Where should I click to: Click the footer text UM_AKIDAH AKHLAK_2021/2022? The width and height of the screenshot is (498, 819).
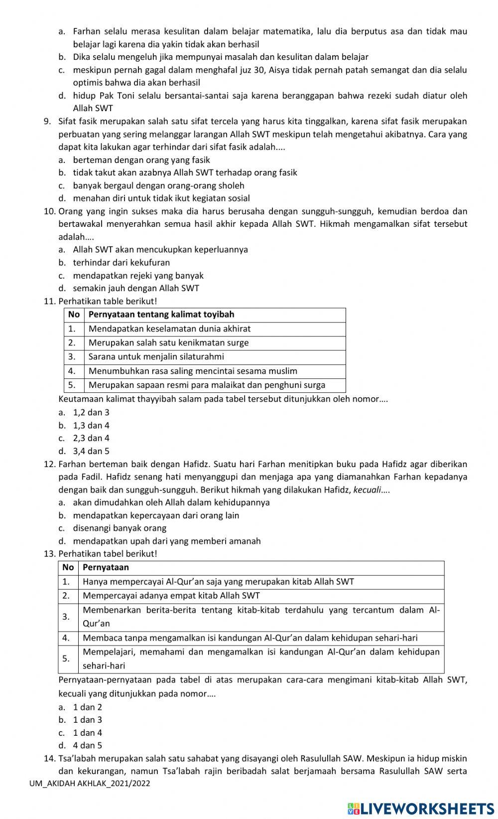coord(90,783)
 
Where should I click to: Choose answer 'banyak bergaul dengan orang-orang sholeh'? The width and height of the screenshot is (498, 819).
coord(158,185)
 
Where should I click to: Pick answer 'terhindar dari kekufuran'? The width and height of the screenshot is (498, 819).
coord(121,262)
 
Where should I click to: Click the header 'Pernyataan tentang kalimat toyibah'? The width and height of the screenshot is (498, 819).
coord(161,315)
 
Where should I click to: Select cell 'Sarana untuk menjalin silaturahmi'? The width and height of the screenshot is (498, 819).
coord(156,357)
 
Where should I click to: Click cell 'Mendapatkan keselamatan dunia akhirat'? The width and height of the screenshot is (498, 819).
coord(169,329)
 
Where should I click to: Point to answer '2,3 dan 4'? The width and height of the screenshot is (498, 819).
coord(91,438)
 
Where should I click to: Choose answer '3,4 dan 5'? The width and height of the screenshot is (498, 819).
coord(91,451)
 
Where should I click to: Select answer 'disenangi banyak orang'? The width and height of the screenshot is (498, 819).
coord(120,528)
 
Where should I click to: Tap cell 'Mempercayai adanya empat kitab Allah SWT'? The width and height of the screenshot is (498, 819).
coord(171,596)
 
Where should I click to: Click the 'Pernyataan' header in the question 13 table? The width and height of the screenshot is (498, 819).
coord(106,568)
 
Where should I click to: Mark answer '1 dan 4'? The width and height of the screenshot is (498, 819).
coord(87,733)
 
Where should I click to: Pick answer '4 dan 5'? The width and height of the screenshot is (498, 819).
coord(87,746)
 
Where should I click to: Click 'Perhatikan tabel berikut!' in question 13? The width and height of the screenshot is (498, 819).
coord(108,554)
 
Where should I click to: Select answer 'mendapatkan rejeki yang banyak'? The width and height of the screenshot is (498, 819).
coord(138,276)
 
